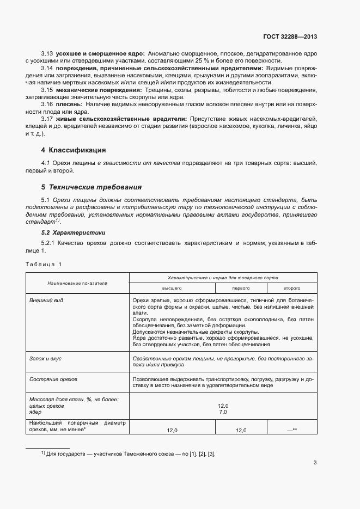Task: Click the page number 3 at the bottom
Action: [x=315, y=463]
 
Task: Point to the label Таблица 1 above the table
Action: [x=44, y=264]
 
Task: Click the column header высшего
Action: [x=172, y=287]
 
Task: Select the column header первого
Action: [x=241, y=287]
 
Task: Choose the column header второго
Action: [x=291, y=287]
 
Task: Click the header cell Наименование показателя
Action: [x=77, y=283]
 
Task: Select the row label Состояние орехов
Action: [x=53, y=378]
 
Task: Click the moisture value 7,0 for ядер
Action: [x=222, y=412]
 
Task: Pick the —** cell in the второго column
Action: [x=291, y=430]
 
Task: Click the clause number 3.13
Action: [x=46, y=54]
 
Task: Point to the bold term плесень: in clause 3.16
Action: [x=69, y=104]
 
